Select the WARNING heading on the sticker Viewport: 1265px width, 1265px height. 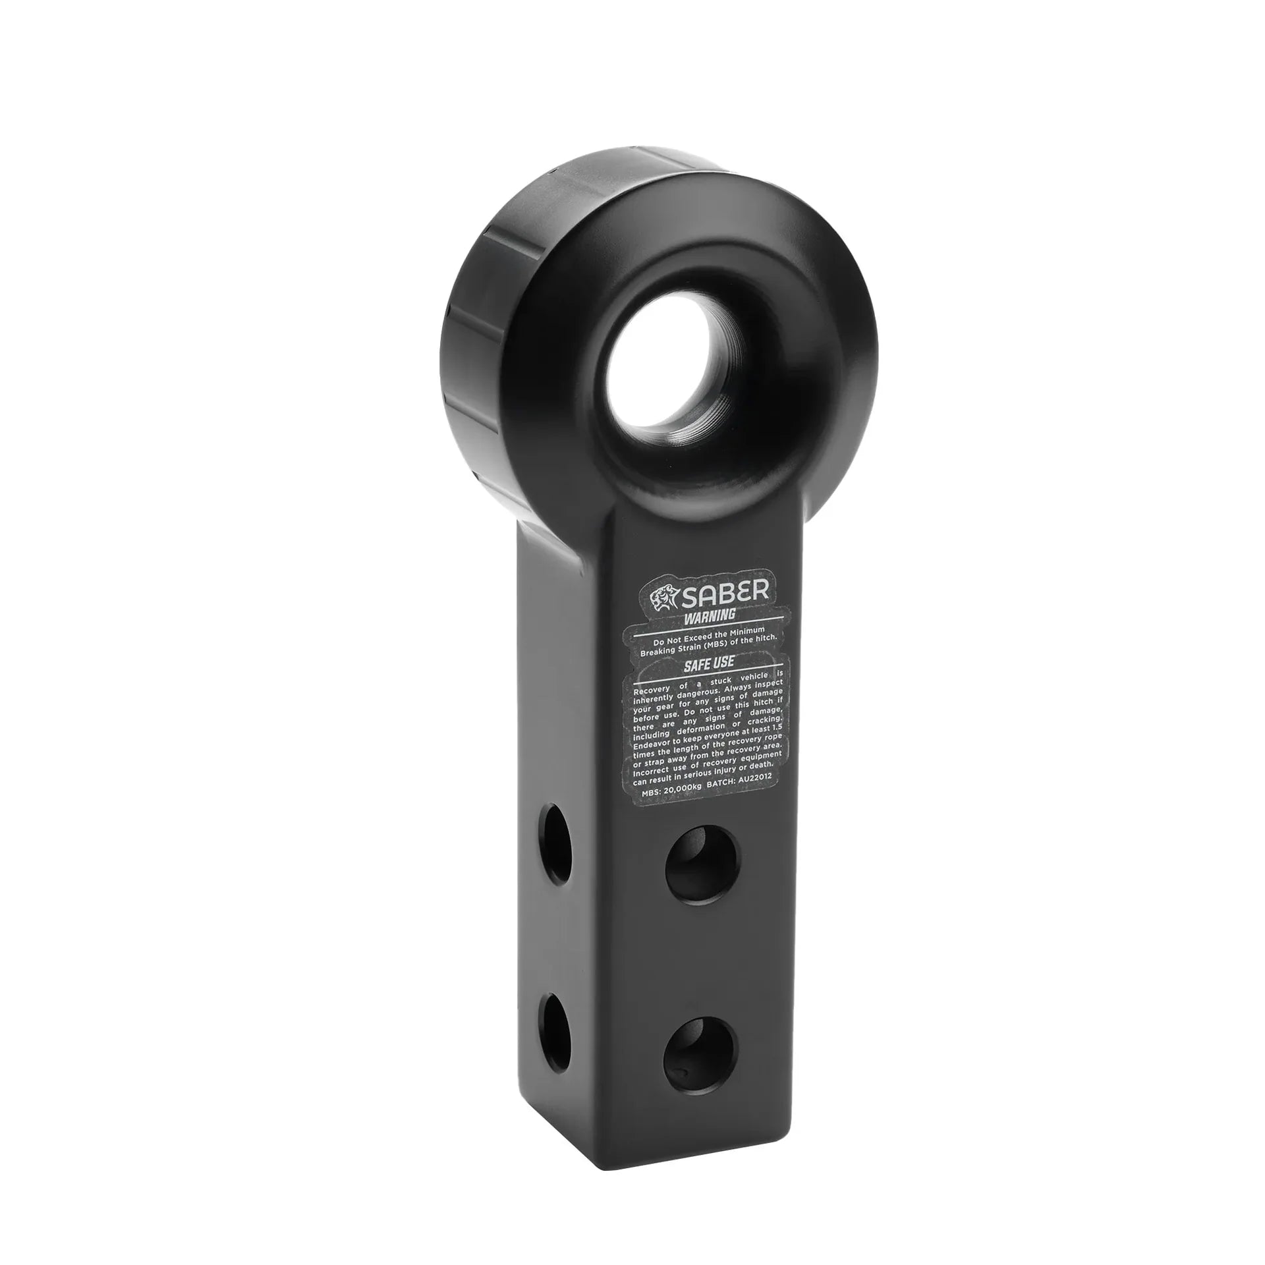pyautogui.click(x=709, y=617)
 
